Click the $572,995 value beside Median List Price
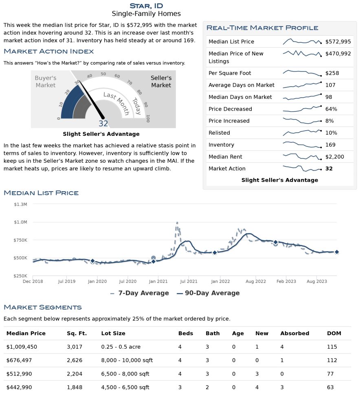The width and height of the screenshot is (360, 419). pyautogui.click(x=338, y=41)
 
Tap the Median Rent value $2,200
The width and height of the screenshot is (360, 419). pyautogui.click(x=335, y=157)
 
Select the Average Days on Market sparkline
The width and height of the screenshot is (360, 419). pyautogui.click(x=302, y=85)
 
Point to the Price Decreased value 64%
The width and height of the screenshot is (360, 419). pyautogui.click(x=331, y=109)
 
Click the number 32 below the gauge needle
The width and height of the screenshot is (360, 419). pyautogui.click(x=103, y=123)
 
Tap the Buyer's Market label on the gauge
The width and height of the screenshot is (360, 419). pyautogui.click(x=46, y=81)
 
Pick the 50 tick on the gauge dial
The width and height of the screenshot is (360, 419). pyautogui.click(x=103, y=74)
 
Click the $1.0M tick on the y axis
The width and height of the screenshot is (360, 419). pyautogui.click(x=21, y=222)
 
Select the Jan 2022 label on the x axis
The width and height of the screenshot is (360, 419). pyautogui.click(x=220, y=282)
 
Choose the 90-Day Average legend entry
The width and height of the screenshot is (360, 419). pyautogui.click(x=208, y=293)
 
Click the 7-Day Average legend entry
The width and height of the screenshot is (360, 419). pyautogui.click(x=139, y=293)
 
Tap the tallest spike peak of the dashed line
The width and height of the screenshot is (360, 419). pyautogui.click(x=177, y=223)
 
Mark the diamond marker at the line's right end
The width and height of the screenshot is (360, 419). pyautogui.click(x=337, y=252)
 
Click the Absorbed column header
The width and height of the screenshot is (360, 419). pyautogui.click(x=295, y=334)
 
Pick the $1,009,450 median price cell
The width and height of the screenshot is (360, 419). pyautogui.click(x=22, y=347)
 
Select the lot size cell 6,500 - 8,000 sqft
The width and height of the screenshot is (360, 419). pyautogui.click(x=125, y=374)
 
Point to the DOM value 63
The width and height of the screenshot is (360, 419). pyautogui.click(x=330, y=387)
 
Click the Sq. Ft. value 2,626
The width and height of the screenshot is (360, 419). pyautogui.click(x=75, y=360)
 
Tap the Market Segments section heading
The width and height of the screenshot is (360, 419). pyautogui.click(x=43, y=307)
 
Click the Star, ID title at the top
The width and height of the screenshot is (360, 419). pyautogui.click(x=146, y=6)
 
